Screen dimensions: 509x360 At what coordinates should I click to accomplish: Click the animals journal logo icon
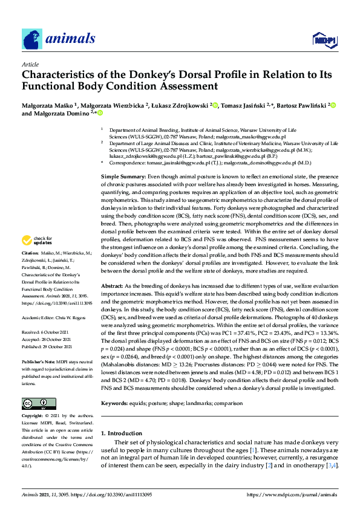(32, 39)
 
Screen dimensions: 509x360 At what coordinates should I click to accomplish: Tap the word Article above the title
(30, 64)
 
